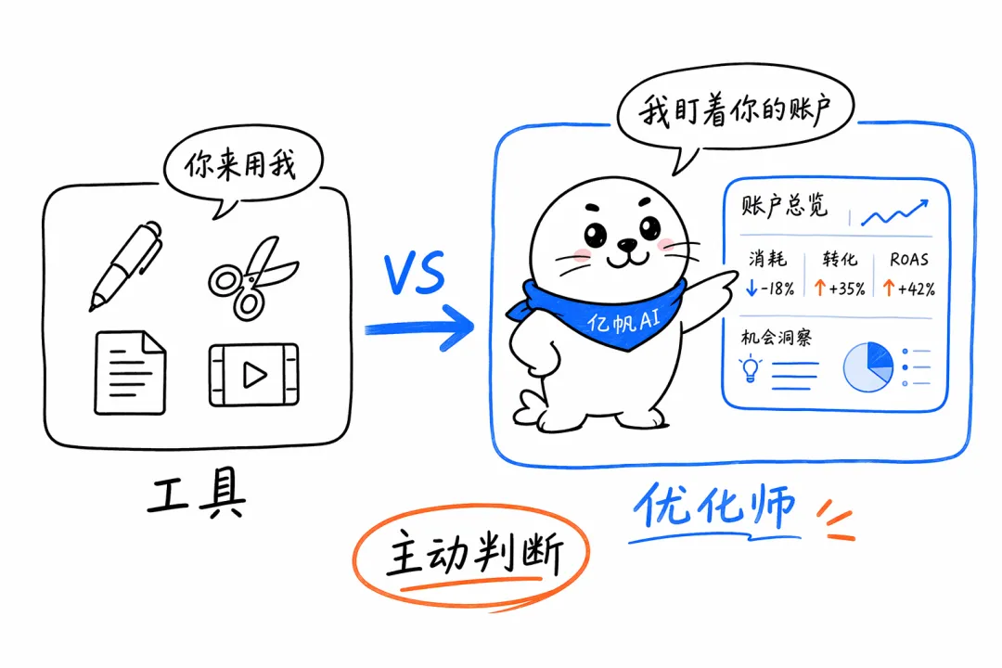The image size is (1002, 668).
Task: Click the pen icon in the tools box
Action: click(126, 265)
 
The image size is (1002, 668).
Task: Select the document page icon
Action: click(130, 373)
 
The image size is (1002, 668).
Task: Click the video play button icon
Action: click(253, 375)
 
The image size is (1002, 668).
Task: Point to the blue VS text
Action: click(415, 273)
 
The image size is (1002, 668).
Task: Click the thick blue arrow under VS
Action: click(418, 328)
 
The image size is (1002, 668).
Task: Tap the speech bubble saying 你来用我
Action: click(243, 168)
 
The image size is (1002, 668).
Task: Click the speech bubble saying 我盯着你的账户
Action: click(735, 112)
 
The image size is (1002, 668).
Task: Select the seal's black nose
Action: click(626, 245)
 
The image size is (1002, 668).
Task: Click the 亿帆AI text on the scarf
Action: click(623, 320)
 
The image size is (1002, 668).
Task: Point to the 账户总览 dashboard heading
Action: click(784, 206)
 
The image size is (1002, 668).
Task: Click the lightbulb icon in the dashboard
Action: click(751, 369)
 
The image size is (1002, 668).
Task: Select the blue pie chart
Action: click(868, 367)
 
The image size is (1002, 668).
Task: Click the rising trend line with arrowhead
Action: click(894, 212)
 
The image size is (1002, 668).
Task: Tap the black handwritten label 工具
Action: click(196, 493)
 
